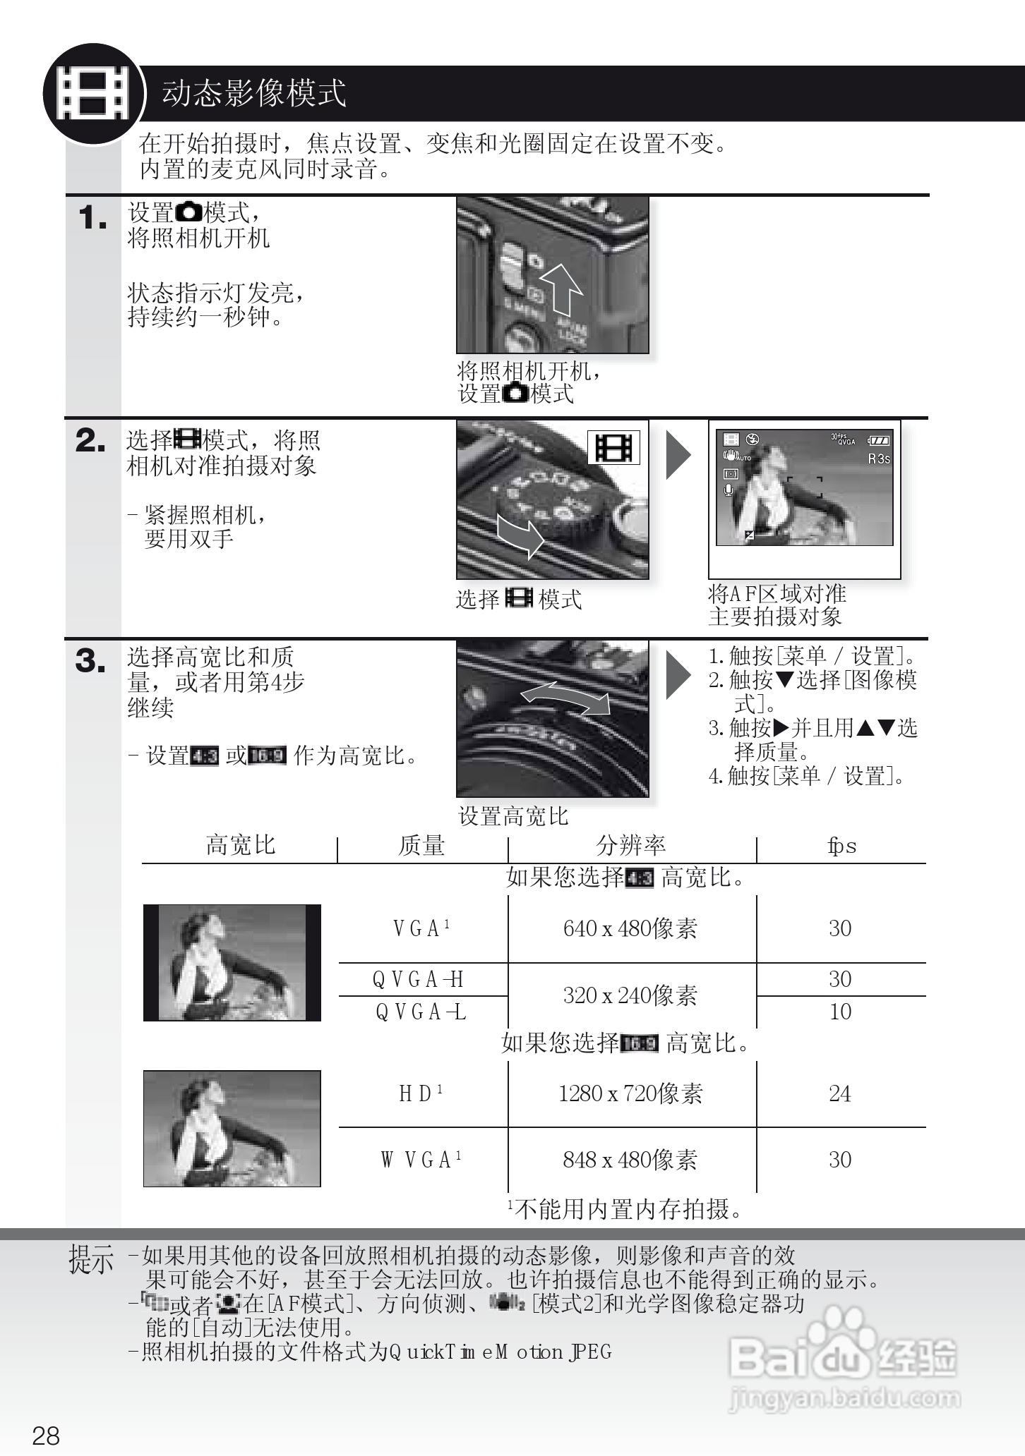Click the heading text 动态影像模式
point(254,93)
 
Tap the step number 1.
point(92,218)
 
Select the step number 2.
point(90,441)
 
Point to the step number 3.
point(90,662)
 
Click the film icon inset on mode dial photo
point(613,447)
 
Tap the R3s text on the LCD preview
point(878,459)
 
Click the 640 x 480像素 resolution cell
point(630,928)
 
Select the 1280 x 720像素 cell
point(630,1093)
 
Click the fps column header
point(841,846)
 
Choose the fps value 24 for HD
point(839,1093)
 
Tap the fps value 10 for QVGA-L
point(839,1012)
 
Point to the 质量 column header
point(421,845)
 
